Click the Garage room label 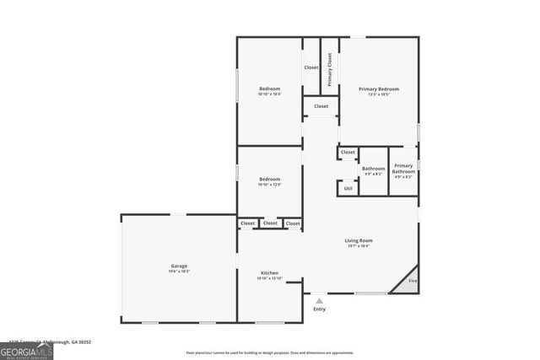[180, 266]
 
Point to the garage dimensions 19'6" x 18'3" [180, 271]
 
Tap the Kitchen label [270, 272]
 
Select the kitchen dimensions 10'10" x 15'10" [270, 278]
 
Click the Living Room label [359, 240]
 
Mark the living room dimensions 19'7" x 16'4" [359, 246]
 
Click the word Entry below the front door [319, 309]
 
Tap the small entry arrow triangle [319, 299]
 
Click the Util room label [348, 188]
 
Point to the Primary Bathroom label [403, 169]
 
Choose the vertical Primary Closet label [330, 69]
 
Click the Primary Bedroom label [379, 89]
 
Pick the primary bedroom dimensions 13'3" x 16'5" [379, 94]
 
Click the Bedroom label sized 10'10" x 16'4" [270, 89]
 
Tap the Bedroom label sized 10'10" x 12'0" [270, 179]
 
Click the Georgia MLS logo [27, 348]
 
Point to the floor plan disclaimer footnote [270, 353]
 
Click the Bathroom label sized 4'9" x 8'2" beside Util [374, 169]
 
